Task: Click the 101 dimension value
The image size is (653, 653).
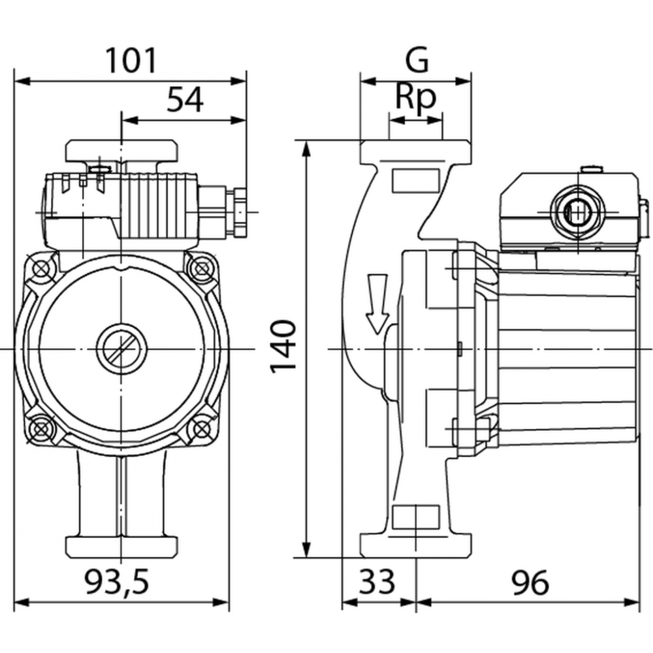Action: pos(131,61)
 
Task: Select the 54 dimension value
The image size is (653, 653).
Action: pos(185,100)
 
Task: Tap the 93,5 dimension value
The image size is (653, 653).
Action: pos(117,582)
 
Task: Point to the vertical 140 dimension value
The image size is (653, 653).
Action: pos(283,347)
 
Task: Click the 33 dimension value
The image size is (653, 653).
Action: pos(377,582)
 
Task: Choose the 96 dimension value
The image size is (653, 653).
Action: pos(530,582)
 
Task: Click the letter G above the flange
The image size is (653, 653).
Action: pos(417,60)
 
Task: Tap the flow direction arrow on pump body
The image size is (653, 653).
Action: pos(377,304)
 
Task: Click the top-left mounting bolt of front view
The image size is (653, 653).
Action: pos(41,270)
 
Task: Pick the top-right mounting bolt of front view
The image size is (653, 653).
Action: pos(202,268)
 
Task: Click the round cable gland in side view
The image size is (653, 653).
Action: pos(577,212)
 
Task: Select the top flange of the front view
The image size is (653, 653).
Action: pos(121,151)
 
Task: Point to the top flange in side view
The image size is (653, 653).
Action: pos(416,151)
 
